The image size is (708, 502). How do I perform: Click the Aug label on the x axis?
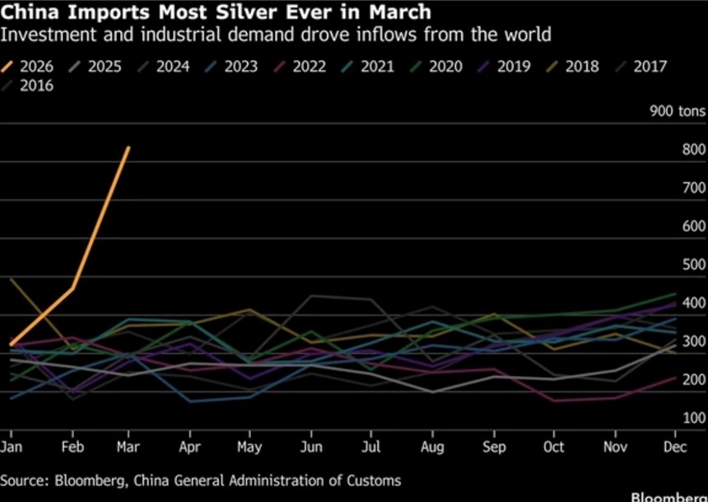[x=432, y=447]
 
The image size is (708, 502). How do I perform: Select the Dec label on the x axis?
[x=675, y=447]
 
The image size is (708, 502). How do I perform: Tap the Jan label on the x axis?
[x=11, y=447]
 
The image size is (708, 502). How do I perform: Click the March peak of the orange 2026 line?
[x=128, y=148]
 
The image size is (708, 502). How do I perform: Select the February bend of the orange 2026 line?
[x=73, y=288]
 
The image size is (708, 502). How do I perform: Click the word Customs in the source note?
[x=374, y=481]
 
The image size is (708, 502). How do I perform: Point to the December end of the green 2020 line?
[x=675, y=294]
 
